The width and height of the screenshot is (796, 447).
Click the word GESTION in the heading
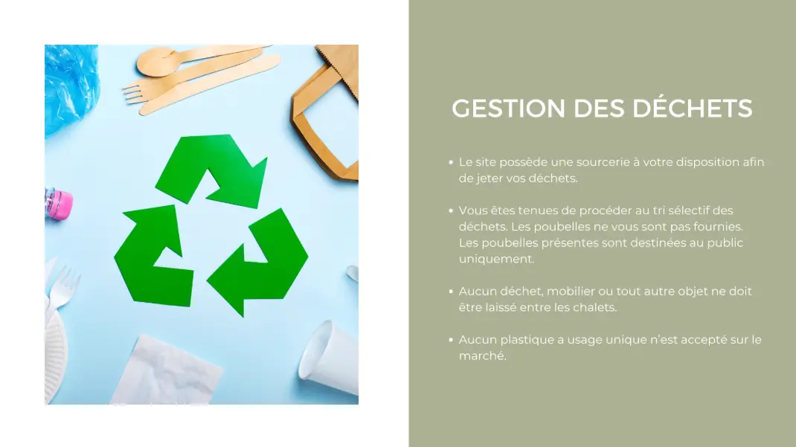(x=508, y=109)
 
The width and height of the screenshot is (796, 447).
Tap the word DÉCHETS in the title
(x=693, y=108)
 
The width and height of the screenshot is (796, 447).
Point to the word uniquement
(x=496, y=259)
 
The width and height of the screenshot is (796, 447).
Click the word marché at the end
(x=482, y=356)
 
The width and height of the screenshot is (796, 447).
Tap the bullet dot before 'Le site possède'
(x=451, y=162)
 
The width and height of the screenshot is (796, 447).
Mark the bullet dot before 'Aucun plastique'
(x=451, y=340)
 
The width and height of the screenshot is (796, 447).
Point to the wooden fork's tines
(x=133, y=94)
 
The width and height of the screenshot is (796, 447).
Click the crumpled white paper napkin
(x=167, y=371)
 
